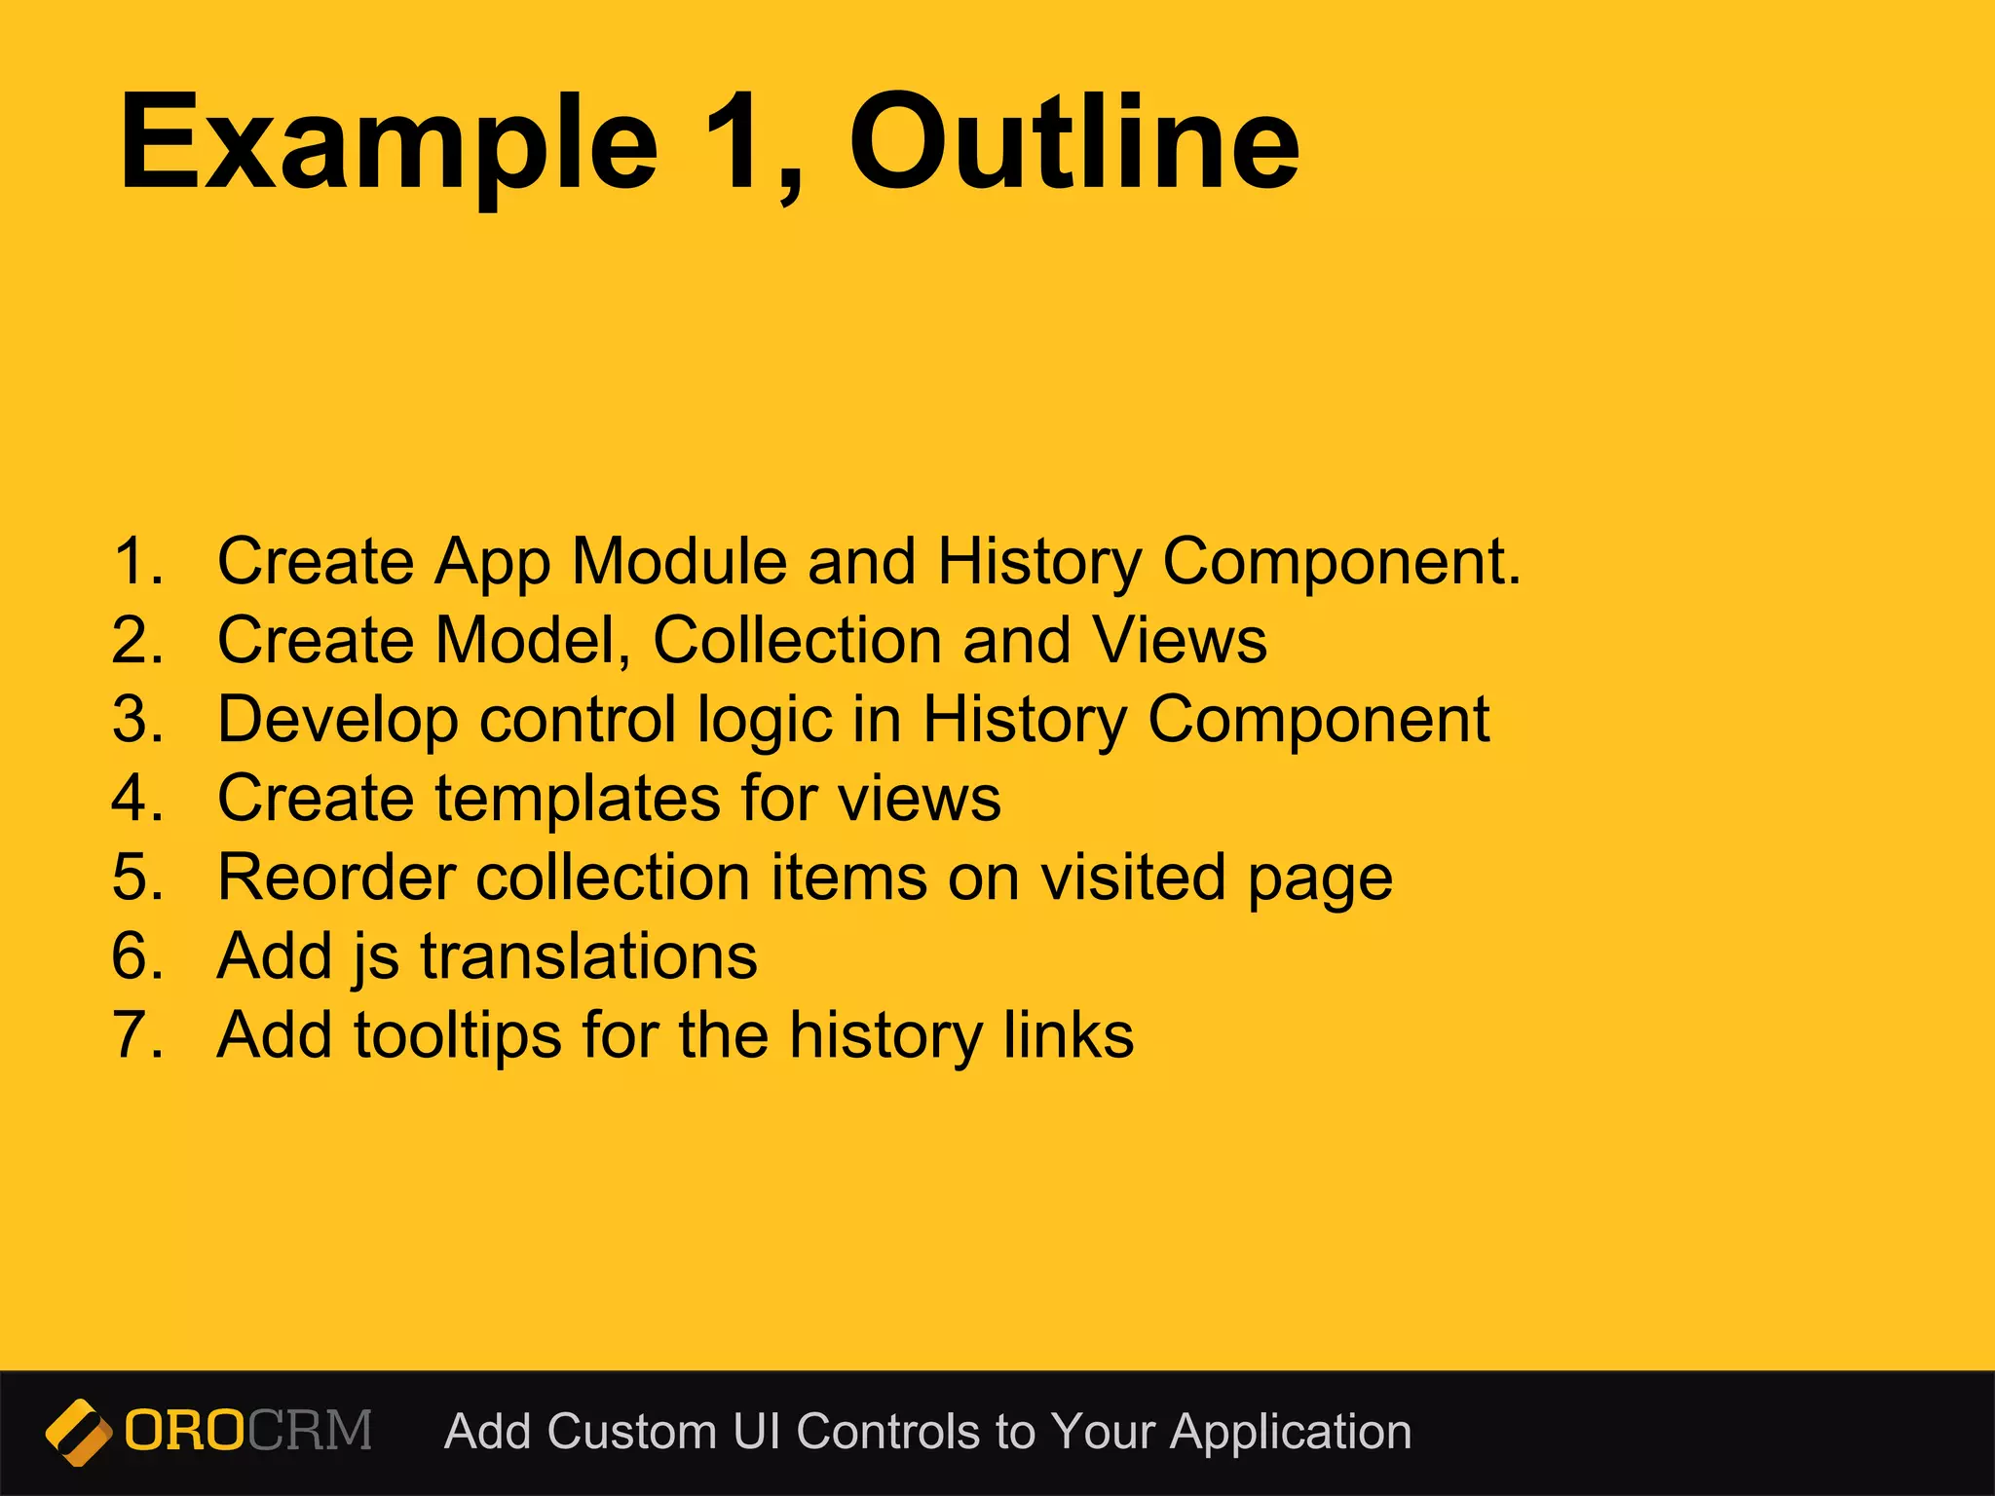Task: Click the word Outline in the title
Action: [x=1073, y=143]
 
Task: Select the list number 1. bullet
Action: [x=137, y=562]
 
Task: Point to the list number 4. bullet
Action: [x=137, y=799]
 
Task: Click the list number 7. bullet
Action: [x=137, y=1035]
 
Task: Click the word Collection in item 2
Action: [x=798, y=641]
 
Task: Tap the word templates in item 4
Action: [x=577, y=799]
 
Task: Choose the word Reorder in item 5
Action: [x=336, y=878]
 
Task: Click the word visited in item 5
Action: [x=1133, y=878]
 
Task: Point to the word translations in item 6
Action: [x=588, y=956]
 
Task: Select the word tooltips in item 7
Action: [x=457, y=1035]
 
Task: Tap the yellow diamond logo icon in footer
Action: [x=78, y=1433]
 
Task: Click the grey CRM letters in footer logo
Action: [x=310, y=1431]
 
